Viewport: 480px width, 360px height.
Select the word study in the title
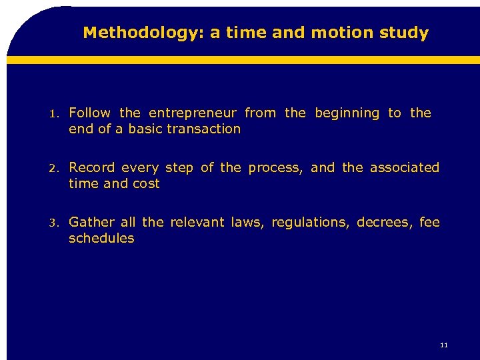point(405,33)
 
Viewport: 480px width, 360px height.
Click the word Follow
point(91,113)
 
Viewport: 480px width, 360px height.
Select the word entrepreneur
point(193,113)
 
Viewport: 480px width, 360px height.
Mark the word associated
point(405,167)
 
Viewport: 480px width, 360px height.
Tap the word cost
point(146,183)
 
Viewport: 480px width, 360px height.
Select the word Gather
point(91,222)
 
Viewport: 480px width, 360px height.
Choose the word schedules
point(101,238)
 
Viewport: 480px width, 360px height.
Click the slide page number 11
point(444,345)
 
